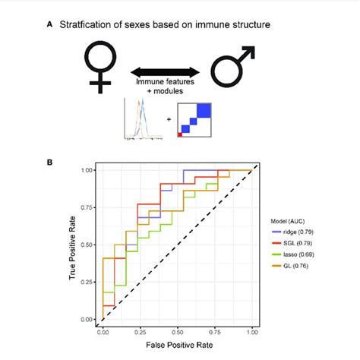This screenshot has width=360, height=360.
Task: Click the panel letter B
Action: coord(50,162)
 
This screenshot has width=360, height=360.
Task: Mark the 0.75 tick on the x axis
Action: coord(214,331)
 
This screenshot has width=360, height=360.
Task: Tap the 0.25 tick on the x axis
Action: coord(140,331)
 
